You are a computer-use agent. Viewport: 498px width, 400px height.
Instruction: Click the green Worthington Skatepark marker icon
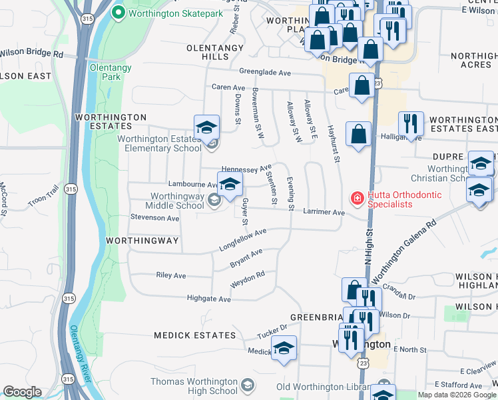point(119,12)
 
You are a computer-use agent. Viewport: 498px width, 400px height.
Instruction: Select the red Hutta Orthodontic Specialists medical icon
point(357,198)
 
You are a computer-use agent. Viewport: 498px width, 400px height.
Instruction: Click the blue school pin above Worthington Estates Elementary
point(206,127)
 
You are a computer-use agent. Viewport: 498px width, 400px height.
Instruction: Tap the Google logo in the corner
point(22,392)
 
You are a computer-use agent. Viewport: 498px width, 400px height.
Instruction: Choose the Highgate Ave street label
point(208,299)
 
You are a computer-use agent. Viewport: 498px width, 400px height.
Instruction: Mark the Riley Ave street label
point(170,275)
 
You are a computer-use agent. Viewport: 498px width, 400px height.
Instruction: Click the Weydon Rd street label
point(248,279)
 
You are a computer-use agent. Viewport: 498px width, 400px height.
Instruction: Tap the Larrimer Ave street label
point(323,213)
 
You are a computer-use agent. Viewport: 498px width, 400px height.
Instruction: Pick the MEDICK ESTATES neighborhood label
point(194,335)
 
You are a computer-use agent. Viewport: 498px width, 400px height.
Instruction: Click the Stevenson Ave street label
point(155,218)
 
